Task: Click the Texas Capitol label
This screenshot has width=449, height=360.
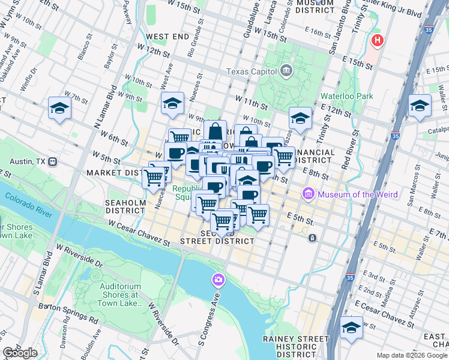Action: tap(250, 72)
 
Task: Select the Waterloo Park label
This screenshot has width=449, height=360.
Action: tap(346, 96)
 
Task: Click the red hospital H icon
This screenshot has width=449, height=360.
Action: tap(377, 41)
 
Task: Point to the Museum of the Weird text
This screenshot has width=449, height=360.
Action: tap(354, 194)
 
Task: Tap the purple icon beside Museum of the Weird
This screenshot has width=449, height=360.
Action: tap(309, 194)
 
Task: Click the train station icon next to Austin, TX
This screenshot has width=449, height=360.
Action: tap(53, 161)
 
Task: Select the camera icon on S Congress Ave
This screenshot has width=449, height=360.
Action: tap(217, 280)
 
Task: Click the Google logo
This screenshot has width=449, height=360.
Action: tap(20, 353)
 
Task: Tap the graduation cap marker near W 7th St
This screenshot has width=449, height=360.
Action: tap(60, 108)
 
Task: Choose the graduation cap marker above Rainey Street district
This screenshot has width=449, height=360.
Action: tap(351, 328)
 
